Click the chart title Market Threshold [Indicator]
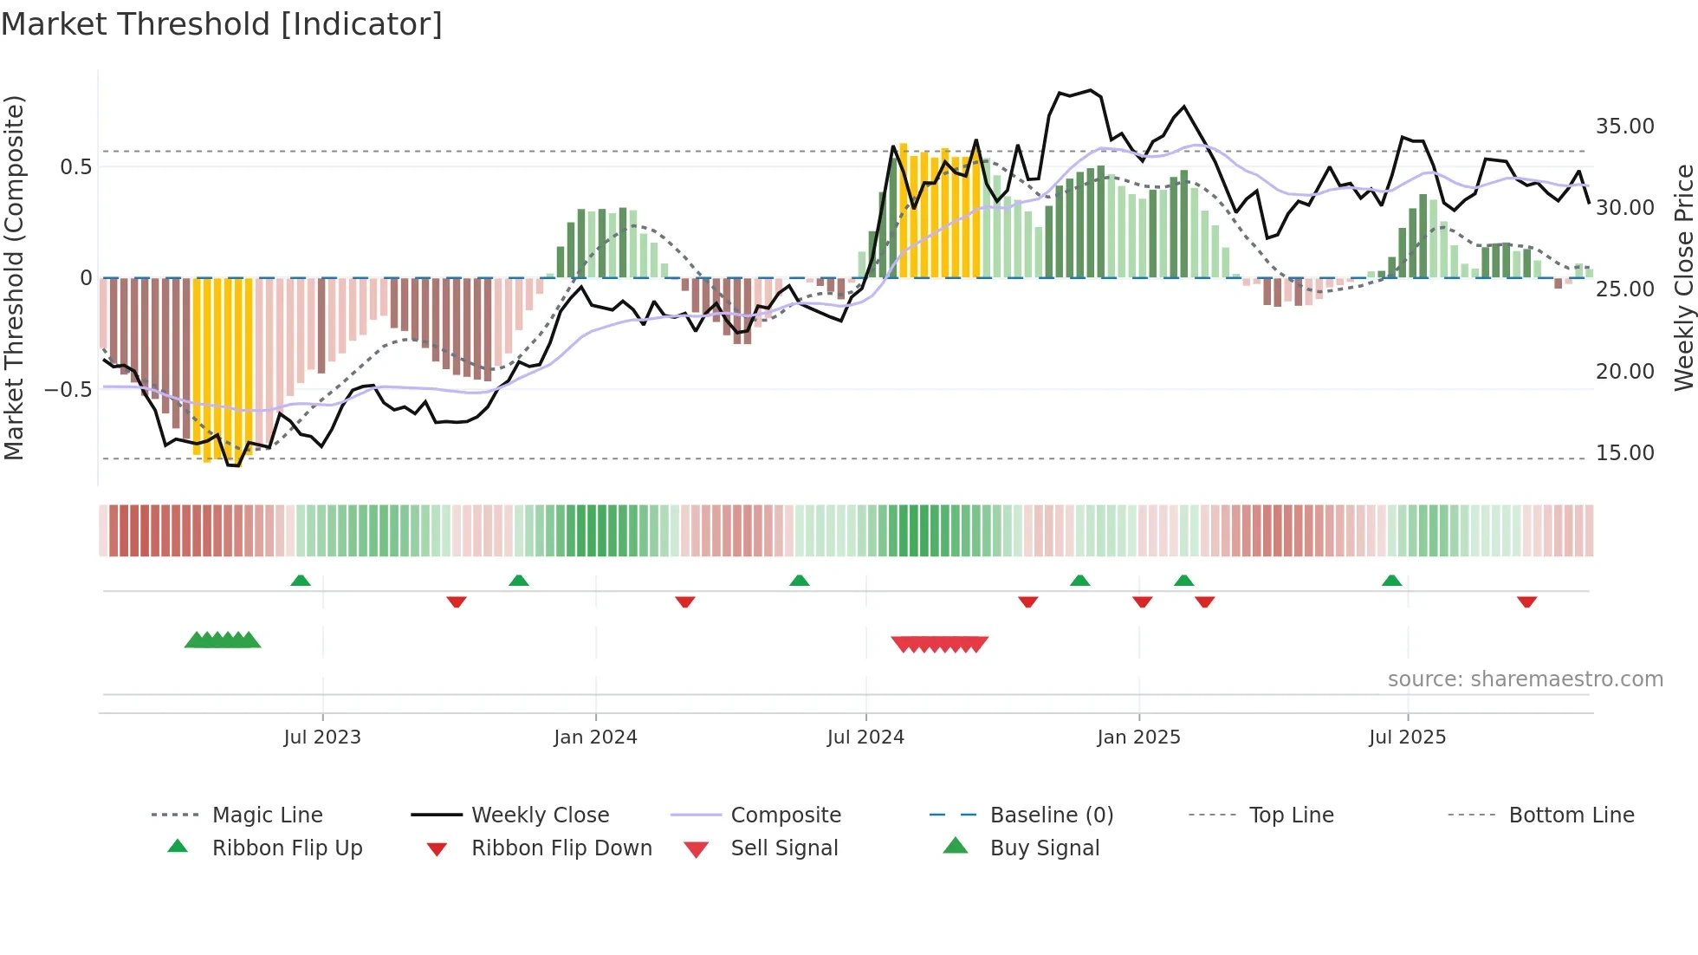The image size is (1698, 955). point(222,24)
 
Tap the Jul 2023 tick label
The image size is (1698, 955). point(322,737)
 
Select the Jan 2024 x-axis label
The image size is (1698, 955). point(595,737)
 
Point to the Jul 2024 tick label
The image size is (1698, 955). point(865,737)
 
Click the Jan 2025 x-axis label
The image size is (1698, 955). point(1138,737)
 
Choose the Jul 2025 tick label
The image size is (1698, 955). point(1408,737)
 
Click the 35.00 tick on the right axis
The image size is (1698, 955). point(1624,127)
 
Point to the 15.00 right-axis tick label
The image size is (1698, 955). point(1624,453)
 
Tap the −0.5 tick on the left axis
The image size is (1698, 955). point(68,390)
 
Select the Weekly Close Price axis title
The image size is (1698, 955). point(1683,277)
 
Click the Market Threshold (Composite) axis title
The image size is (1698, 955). point(14,277)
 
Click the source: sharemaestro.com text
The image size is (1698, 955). point(1525,679)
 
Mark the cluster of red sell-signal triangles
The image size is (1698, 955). point(940,644)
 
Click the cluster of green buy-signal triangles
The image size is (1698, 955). point(223,640)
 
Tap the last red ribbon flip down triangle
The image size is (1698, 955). point(1526,601)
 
